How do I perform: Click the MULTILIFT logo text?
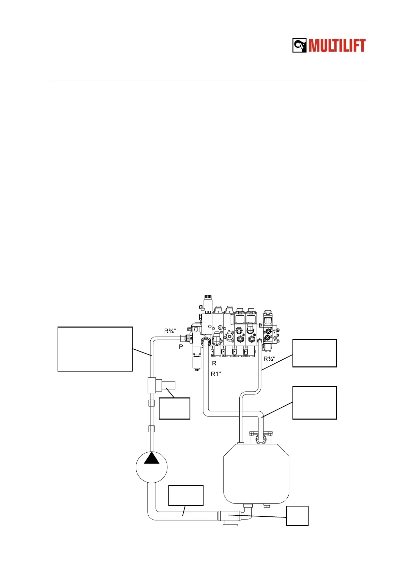tap(337, 46)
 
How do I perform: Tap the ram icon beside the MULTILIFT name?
tap(300, 45)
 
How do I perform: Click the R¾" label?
tap(170, 331)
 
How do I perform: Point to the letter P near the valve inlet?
tap(181, 347)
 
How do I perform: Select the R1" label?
tap(216, 374)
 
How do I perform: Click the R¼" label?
tap(269, 359)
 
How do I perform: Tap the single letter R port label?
tap(214, 363)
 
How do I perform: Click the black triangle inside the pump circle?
tap(152, 458)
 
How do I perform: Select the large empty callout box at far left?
tap(95, 349)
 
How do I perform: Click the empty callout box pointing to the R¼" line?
tap(314, 353)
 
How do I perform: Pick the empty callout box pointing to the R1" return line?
tap(314, 403)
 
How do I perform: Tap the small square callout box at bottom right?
tap(297, 516)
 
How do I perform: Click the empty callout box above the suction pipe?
tap(186, 495)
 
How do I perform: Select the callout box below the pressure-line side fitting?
tap(174, 408)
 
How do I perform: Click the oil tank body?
tap(256, 473)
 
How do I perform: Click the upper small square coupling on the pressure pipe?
tap(152, 404)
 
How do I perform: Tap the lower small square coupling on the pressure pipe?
tap(152, 429)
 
